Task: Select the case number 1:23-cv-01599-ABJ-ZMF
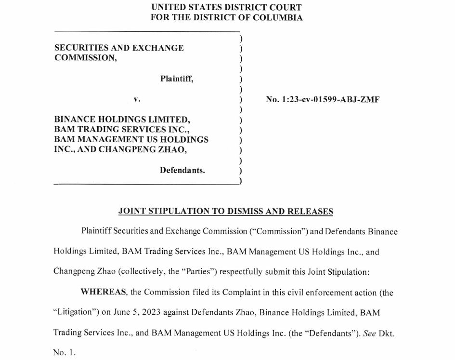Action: point(323,100)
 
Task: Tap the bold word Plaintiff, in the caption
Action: point(177,79)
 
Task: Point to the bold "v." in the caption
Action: point(137,99)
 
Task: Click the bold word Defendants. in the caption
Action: point(182,170)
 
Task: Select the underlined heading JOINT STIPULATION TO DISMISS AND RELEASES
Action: point(226,211)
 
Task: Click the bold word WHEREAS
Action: point(99,292)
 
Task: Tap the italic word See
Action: point(369,333)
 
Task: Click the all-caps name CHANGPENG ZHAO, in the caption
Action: point(143,149)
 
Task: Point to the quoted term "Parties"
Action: point(200,272)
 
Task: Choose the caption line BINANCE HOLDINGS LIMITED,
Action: point(122,119)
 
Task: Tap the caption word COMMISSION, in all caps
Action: point(85,57)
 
